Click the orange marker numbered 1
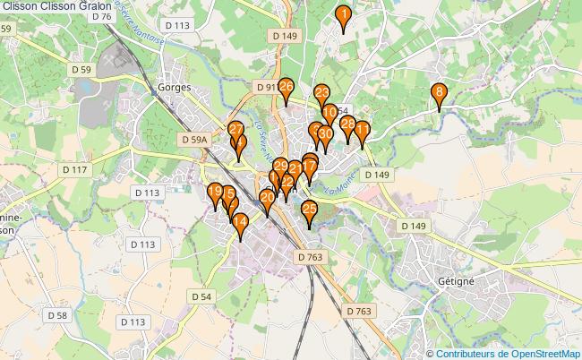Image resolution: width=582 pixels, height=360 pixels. [342, 15]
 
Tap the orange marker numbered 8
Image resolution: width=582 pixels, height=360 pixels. [439, 92]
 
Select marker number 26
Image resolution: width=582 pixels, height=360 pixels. [286, 88]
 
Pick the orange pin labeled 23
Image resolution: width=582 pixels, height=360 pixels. [321, 93]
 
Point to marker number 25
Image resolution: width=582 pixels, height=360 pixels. [310, 211]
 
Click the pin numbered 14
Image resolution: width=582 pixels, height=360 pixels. [240, 226]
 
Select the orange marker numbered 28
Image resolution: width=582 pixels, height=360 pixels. [348, 126]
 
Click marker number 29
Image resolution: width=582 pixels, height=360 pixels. [280, 167]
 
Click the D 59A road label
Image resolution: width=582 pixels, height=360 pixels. [193, 140]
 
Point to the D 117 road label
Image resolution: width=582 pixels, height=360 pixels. [74, 169]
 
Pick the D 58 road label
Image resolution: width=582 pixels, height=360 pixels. [56, 315]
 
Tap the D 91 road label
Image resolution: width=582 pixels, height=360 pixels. [265, 88]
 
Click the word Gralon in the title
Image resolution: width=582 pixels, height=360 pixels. [93, 5]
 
